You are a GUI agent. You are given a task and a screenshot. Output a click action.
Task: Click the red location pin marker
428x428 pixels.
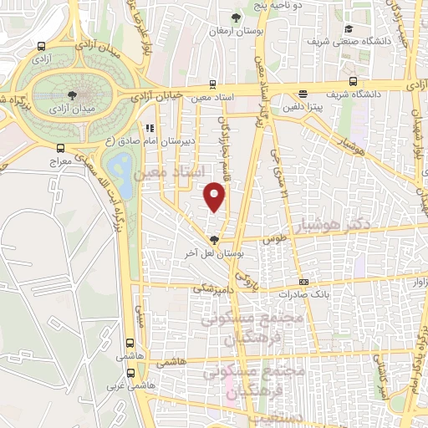tap(216, 196)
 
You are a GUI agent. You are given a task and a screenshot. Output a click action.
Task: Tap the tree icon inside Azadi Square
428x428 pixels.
tap(72, 95)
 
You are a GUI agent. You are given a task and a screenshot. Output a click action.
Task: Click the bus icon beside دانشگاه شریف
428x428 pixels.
tap(354, 81)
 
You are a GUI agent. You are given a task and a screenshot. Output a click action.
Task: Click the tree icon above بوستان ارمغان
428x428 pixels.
tap(237, 17)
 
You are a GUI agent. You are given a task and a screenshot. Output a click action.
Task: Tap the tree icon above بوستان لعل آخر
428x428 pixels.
tap(214, 239)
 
